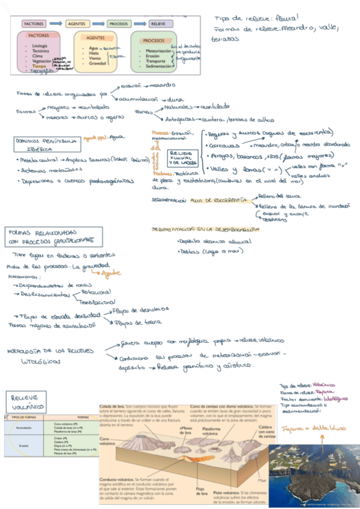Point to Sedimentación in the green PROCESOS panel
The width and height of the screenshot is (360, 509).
[x=160, y=66]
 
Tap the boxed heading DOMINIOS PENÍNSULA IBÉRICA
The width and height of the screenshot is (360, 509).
[x=45, y=144]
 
